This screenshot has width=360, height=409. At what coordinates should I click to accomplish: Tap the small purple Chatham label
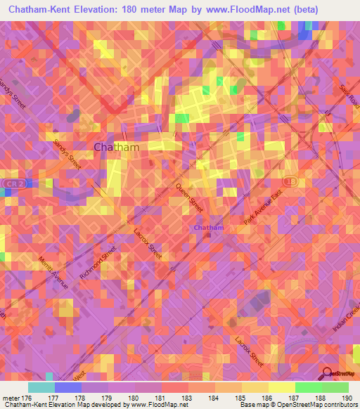(x=209, y=228)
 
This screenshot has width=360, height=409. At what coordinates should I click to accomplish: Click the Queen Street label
(x=189, y=198)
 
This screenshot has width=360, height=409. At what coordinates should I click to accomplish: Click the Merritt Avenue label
(x=59, y=272)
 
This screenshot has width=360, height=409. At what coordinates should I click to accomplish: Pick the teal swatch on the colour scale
(x=41, y=387)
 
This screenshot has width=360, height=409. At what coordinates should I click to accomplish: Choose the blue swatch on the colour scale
(x=67, y=387)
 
